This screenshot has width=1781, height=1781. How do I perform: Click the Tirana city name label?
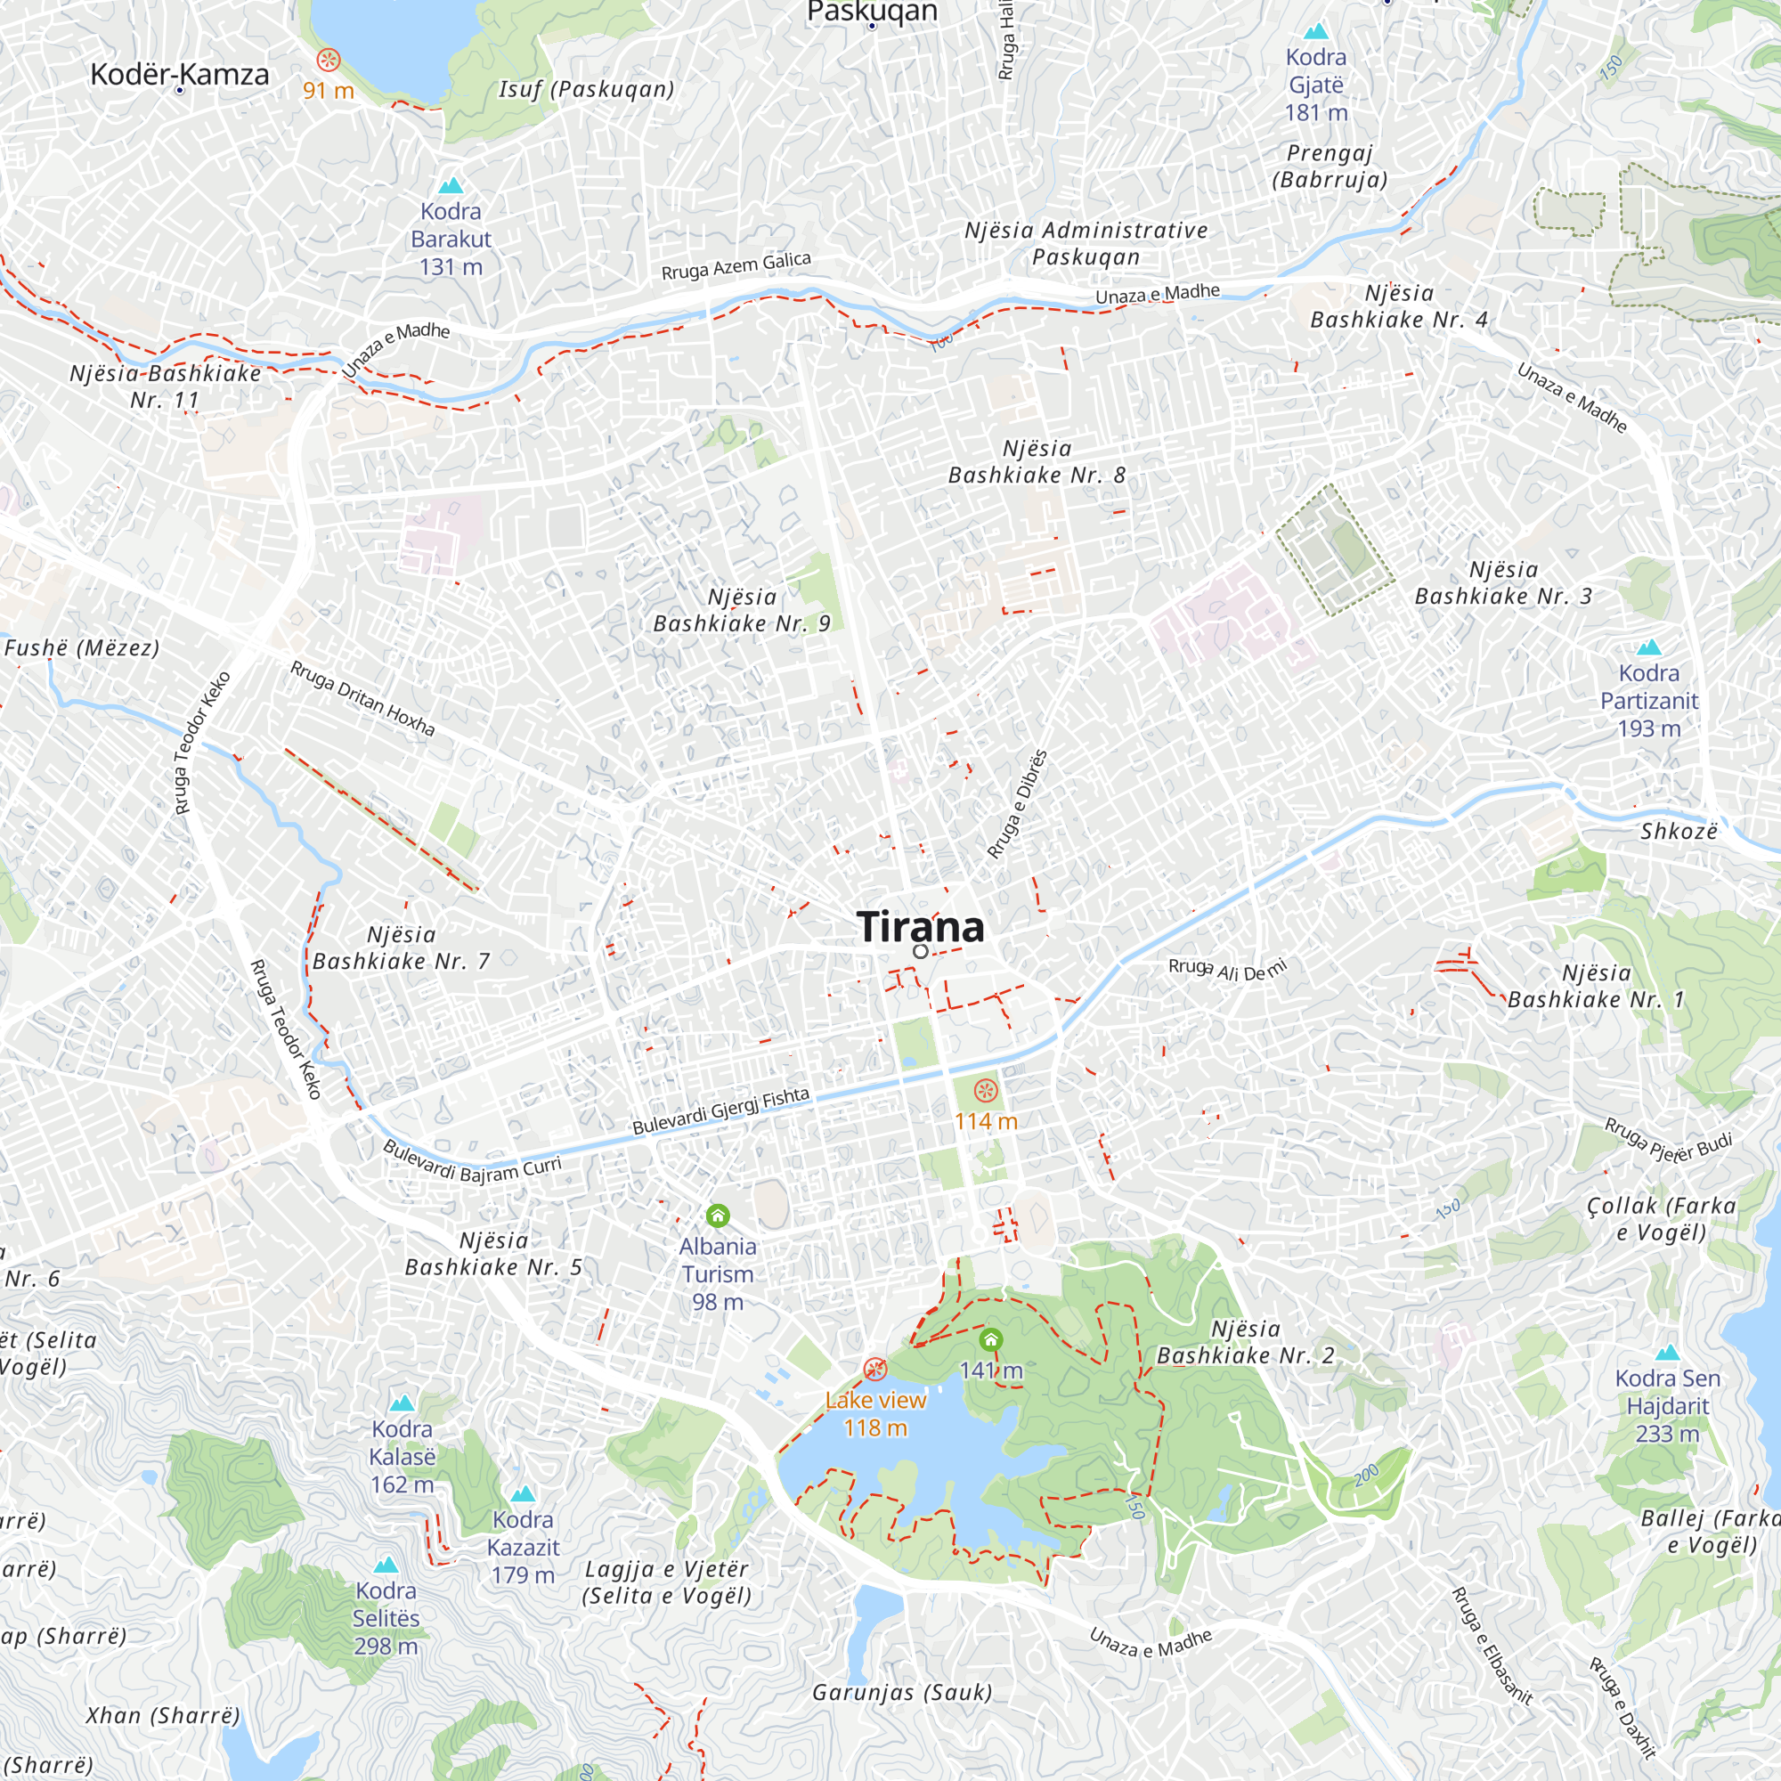[x=920, y=926]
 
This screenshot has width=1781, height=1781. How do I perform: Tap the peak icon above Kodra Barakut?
[x=451, y=185]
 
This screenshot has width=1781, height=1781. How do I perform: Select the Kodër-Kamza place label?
[x=180, y=75]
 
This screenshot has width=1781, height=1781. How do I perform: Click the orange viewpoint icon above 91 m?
[x=329, y=61]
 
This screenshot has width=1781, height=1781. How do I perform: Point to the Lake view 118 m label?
[x=874, y=1413]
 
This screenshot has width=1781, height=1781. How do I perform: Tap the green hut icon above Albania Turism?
[x=717, y=1216]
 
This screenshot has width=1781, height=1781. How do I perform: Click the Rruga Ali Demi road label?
[x=1226, y=970]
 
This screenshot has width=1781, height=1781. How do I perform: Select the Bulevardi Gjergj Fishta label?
[x=721, y=1110]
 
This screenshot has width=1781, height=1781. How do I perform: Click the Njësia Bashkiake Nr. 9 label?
[x=742, y=610]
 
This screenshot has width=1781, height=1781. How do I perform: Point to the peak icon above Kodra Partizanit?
[x=1648, y=647]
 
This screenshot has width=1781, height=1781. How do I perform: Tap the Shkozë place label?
[x=1679, y=832]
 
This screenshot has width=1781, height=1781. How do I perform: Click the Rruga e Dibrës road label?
[x=1018, y=804]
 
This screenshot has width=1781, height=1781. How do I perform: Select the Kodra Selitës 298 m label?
[x=386, y=1618]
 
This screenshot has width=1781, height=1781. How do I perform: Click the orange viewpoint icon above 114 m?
[x=986, y=1092]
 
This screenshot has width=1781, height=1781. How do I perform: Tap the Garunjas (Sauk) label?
[x=901, y=1693]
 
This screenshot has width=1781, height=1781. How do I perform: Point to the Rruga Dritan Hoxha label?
[x=362, y=698]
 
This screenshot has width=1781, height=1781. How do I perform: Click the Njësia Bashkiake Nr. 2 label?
[x=1246, y=1341]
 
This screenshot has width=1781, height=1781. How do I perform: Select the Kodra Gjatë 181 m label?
[x=1315, y=85]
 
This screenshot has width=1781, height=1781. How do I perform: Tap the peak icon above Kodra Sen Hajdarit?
[x=1667, y=1354]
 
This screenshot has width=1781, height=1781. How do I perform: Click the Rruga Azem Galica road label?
[x=736, y=266]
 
